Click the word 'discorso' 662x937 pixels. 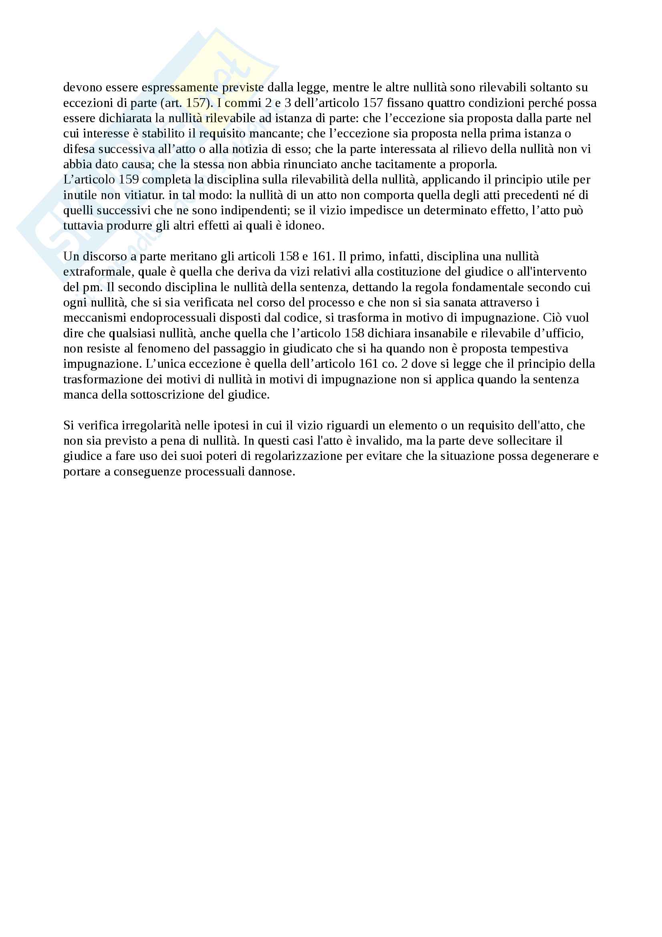(105, 257)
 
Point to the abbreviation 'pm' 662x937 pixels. (92, 288)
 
